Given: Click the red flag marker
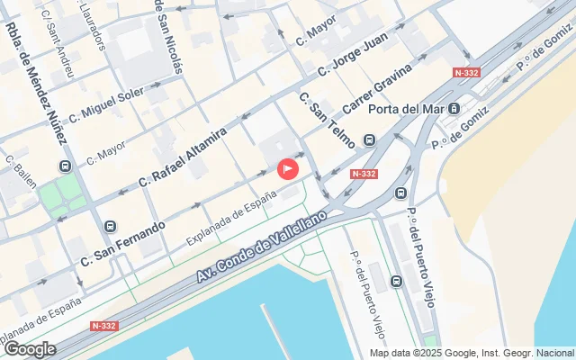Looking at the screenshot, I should (288, 168).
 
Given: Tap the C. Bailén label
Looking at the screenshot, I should (21, 172).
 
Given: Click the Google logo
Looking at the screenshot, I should (30, 349).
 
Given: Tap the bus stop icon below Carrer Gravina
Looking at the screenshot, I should (370, 140).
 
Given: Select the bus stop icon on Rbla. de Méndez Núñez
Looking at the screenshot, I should (65, 166).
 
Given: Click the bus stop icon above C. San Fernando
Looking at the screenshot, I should (111, 227).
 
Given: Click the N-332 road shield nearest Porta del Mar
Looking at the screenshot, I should (467, 73).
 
